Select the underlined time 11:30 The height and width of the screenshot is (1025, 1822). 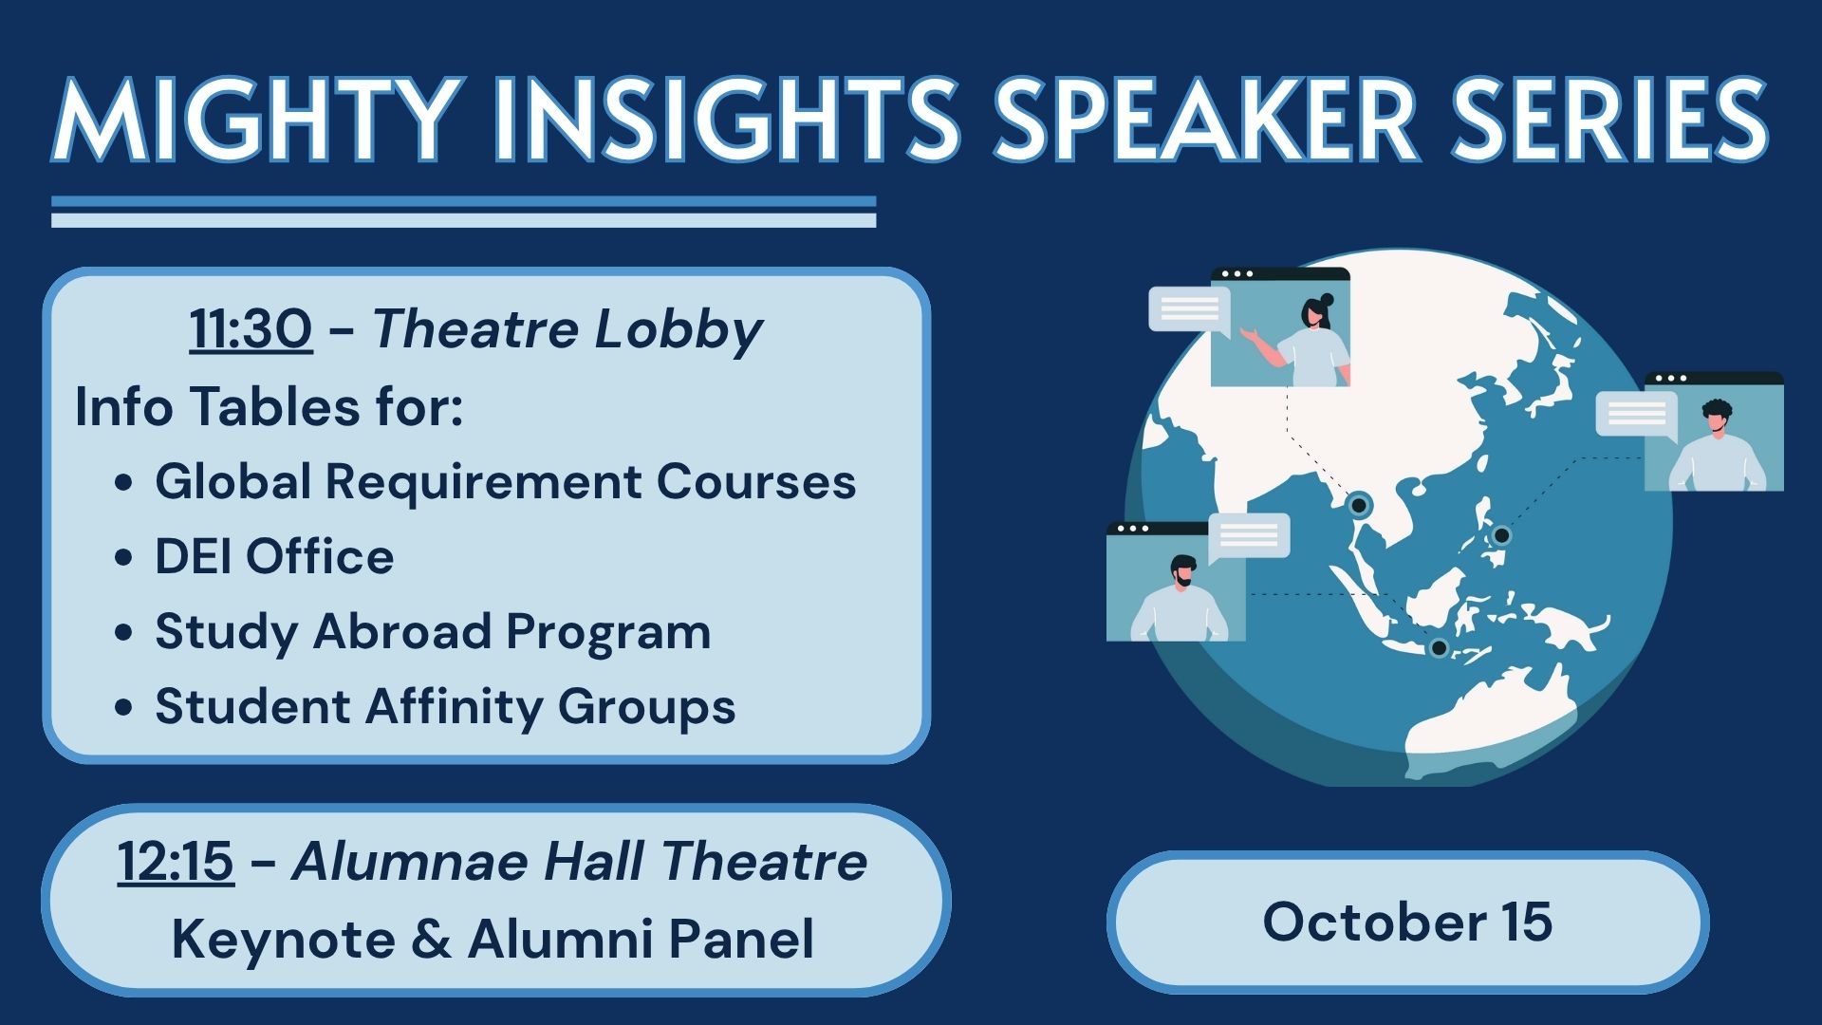point(251,329)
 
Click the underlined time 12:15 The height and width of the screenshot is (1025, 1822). point(176,862)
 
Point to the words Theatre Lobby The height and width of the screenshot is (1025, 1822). point(567,331)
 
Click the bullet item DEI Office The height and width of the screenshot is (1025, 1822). point(274,556)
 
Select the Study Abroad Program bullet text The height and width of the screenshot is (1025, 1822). point(433,632)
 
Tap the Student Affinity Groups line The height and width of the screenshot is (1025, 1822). point(445,707)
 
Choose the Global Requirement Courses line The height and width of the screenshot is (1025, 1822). point(505,481)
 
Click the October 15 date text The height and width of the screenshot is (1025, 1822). point(1407,922)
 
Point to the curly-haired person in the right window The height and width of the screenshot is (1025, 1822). point(1717,446)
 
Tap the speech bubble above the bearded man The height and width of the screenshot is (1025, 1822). point(1248,537)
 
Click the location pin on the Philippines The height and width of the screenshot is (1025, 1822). point(1501,535)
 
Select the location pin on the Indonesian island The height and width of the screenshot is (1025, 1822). point(1439,648)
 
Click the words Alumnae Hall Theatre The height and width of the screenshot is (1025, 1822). point(580,862)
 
